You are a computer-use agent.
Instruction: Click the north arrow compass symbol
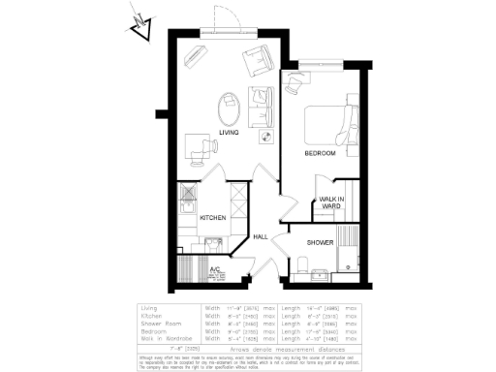pos(139,24)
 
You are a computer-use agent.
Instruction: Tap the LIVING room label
pos(229,133)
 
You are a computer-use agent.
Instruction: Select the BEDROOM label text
pos(320,153)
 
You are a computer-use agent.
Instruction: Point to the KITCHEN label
pos(213,218)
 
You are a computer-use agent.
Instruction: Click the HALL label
pos(260,236)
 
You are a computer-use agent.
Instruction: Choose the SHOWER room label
pos(321,242)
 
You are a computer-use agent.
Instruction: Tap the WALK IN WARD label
pos(331,202)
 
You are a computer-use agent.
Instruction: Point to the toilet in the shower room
pos(304,265)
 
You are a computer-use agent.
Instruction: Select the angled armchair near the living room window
pos(257,60)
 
